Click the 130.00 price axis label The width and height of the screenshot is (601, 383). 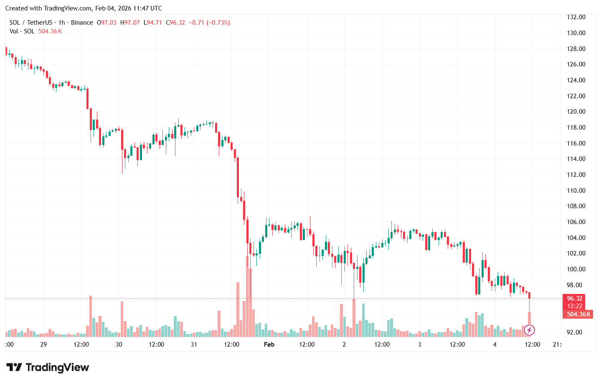click(576, 33)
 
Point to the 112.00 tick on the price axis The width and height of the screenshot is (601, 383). click(576, 175)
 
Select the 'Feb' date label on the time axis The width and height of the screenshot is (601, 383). click(269, 345)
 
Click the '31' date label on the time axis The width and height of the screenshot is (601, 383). click(194, 345)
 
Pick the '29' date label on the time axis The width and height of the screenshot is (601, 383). click(43, 345)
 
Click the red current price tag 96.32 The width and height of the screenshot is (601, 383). click(574, 299)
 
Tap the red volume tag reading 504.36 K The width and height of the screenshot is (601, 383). click(578, 314)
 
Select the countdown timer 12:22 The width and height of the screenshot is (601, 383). click(574, 306)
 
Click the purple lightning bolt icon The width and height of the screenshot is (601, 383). click(529, 330)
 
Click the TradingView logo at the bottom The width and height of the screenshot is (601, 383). click(48, 368)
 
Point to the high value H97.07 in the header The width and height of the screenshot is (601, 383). click(130, 23)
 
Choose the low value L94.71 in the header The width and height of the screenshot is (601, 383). click(152, 23)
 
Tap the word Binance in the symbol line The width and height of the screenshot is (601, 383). click(82, 23)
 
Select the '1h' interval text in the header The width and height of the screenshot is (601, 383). click(61, 23)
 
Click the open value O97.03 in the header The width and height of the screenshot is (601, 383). click(107, 23)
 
